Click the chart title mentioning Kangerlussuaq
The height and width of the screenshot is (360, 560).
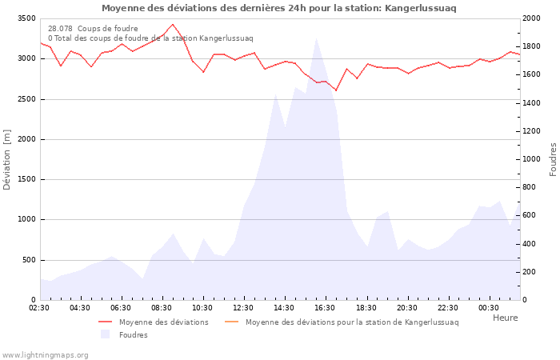tap(279, 8)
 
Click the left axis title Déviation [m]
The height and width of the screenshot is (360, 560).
tap(7, 159)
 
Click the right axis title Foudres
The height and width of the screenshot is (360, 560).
tap(553, 159)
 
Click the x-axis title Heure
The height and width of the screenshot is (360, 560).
tap(505, 318)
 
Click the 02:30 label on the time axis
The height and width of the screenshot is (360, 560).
tap(39, 308)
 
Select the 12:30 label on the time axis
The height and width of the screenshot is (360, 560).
tap(243, 308)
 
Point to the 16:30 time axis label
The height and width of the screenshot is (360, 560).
tap(325, 308)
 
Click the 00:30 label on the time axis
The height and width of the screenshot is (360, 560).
tap(488, 308)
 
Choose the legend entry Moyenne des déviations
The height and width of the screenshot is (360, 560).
tap(163, 322)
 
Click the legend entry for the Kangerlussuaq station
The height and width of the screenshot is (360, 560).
tap(352, 322)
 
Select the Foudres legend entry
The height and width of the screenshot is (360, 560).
tap(133, 335)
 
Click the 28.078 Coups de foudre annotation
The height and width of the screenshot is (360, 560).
tap(93, 28)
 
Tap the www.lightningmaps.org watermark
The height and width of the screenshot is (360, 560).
tap(44, 354)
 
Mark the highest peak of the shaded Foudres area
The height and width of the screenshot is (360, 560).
tap(317, 38)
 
